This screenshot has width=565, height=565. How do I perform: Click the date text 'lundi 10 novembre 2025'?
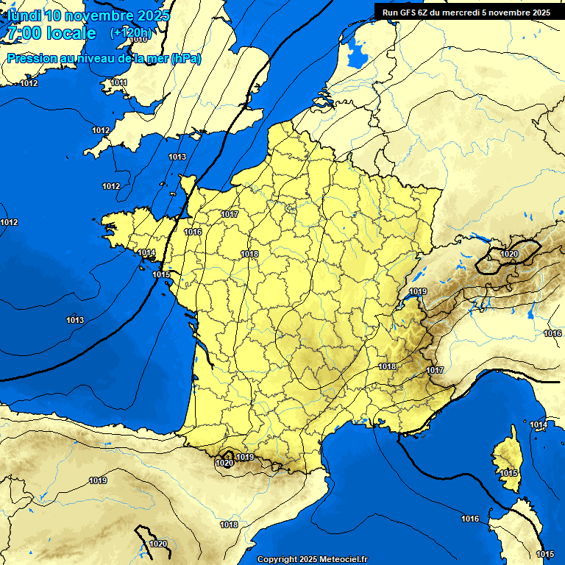[x=88, y=15]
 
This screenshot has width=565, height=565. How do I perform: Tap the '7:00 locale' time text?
[x=51, y=33]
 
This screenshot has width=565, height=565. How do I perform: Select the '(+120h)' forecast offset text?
[x=130, y=33]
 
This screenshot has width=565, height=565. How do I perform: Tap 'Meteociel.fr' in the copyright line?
[x=341, y=559]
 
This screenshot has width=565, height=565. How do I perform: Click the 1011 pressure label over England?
[x=118, y=82]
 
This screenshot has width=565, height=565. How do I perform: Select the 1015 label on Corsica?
[x=508, y=473]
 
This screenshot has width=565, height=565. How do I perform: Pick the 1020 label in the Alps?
[x=508, y=254]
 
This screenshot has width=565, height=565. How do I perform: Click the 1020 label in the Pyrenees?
[x=224, y=463]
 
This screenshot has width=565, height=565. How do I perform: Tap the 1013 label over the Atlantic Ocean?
[x=75, y=320]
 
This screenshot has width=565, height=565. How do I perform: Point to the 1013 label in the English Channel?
[x=177, y=157]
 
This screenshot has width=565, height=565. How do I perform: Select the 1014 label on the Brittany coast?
[x=146, y=252]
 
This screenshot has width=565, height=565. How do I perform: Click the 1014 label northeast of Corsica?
[x=539, y=425]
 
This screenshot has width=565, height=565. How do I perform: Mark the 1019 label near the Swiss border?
[x=418, y=292]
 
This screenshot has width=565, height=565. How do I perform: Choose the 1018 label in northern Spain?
[x=229, y=525]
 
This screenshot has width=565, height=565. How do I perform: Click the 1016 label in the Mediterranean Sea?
[x=470, y=519]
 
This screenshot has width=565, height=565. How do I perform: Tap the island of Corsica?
[x=506, y=460]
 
